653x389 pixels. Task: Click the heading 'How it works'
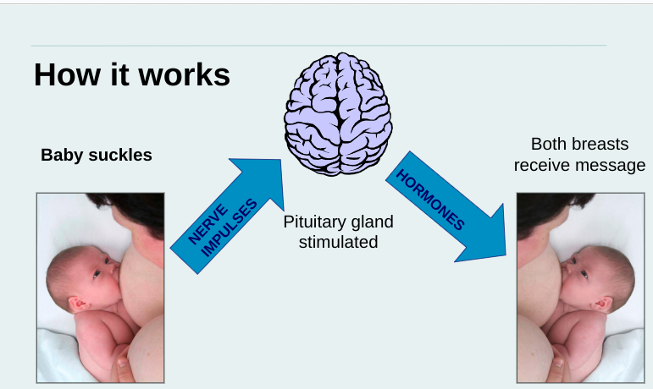[132, 74]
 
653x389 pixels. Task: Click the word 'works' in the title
[184, 74]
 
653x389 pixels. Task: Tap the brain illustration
[338, 114]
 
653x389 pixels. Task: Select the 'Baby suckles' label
[97, 155]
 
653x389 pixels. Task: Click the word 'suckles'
[120, 155]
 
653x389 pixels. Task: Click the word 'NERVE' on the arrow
[208, 224]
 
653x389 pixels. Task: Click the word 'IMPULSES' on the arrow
[230, 227]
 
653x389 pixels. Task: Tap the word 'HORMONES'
[429, 200]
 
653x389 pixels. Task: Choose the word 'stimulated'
[338, 242]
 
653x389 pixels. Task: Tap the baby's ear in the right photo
[602, 304]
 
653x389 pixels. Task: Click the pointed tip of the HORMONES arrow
[506, 255]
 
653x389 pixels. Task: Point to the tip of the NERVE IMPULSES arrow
[281, 160]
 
